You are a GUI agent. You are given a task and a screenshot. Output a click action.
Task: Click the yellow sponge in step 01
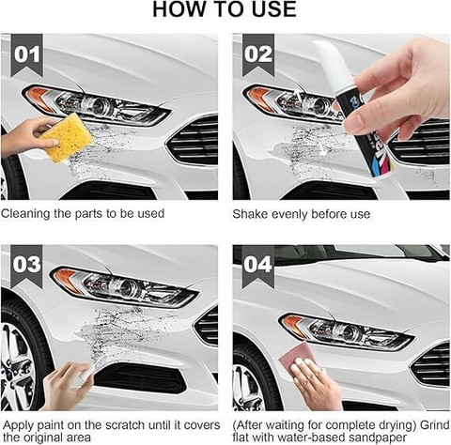click(66, 137)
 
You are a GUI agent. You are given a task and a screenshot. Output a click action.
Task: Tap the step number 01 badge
click(27, 55)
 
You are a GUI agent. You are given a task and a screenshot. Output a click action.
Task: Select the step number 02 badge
click(258, 55)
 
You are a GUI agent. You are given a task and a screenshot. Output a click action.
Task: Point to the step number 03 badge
click(27, 266)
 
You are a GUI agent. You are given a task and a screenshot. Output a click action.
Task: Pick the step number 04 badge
click(258, 266)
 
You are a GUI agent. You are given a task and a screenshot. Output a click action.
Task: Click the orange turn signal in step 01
click(39, 99)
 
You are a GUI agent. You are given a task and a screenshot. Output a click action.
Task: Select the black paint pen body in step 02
click(364, 134)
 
